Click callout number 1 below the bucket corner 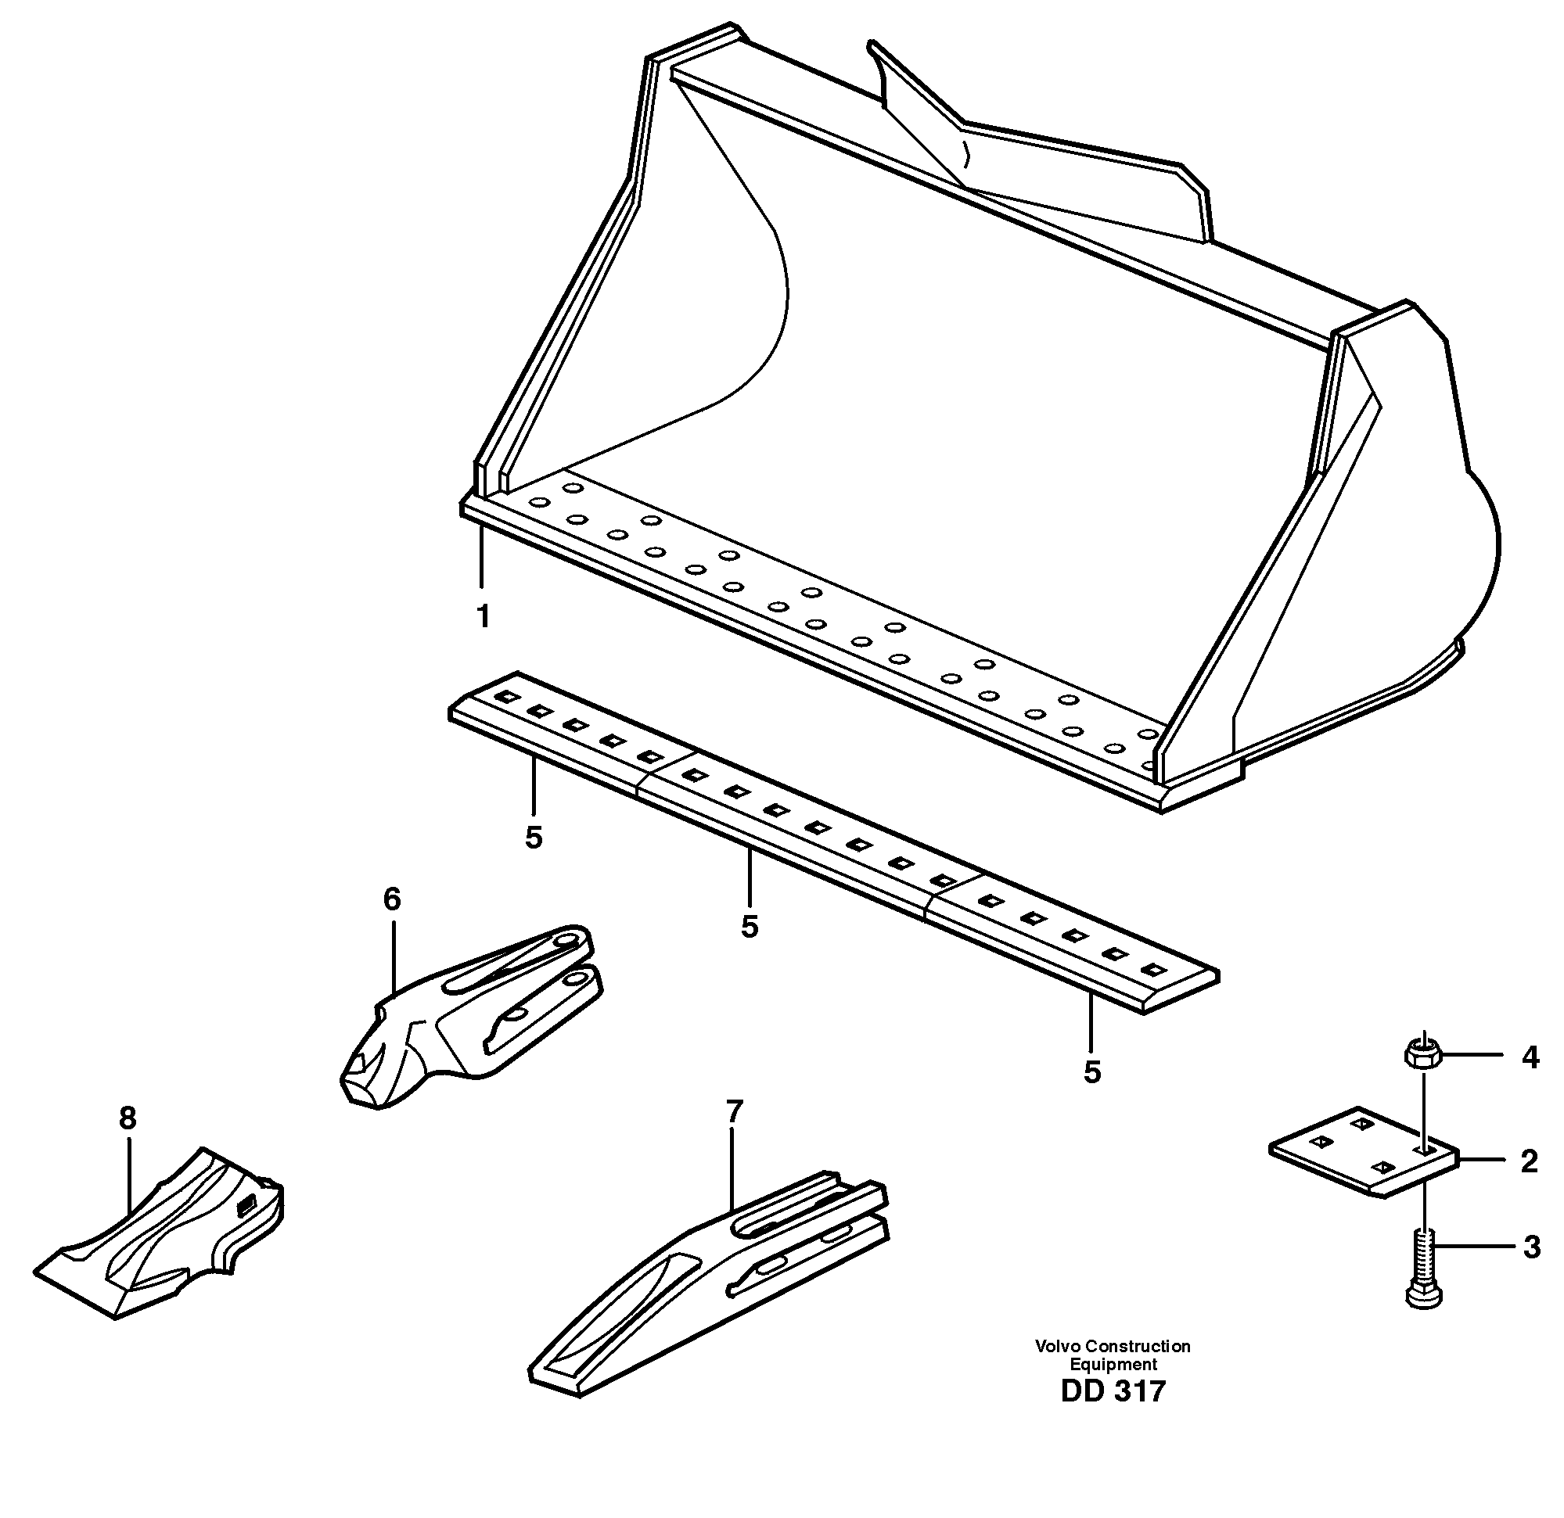tap(483, 616)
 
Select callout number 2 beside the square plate tap(1528, 1161)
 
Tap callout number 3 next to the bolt tap(1530, 1247)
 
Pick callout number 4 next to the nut tap(1529, 1057)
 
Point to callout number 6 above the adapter tap(391, 900)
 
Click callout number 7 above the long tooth tap(734, 1111)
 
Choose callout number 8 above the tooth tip tap(128, 1118)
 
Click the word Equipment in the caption tap(1113, 1364)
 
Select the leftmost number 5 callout tap(534, 838)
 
